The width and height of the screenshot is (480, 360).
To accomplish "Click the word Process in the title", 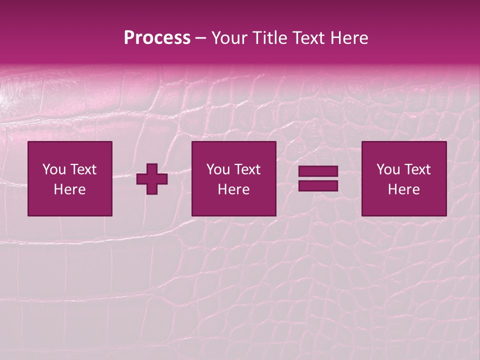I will tap(157, 38).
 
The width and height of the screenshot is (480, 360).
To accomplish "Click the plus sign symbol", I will tap(152, 179).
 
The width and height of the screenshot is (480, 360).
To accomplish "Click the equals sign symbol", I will tap(318, 179).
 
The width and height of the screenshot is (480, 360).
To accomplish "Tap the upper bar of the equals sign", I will tap(318, 172).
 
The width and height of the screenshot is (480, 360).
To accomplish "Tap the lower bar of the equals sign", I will tap(318, 186).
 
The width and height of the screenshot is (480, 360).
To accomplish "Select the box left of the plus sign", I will tap(70, 178).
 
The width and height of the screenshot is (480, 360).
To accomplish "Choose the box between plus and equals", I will tap(233, 178).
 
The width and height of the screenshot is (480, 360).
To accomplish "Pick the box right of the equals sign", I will tap(404, 178).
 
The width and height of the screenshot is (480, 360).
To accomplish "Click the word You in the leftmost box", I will tap(54, 169).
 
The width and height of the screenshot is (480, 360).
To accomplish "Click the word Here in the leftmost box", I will tap(70, 189).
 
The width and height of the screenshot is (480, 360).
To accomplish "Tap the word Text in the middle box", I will tap(247, 169).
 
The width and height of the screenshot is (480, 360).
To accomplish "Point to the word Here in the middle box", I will tap(233, 189).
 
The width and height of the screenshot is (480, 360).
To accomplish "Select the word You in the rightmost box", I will tap(388, 169).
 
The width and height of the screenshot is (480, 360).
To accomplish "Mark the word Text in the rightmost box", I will tap(417, 169).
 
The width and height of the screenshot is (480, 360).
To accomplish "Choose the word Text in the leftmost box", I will tap(83, 169).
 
